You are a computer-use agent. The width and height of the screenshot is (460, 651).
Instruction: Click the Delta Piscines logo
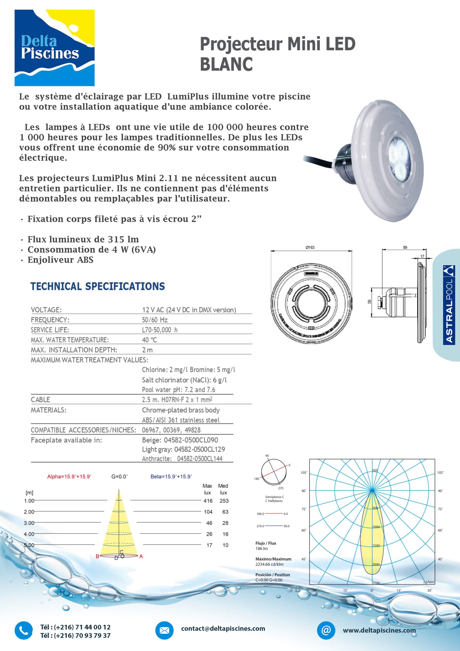pos(54,48)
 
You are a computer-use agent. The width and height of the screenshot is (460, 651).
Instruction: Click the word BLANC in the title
pos(226,64)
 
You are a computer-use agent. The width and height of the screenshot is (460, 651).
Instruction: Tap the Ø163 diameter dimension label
pos(310,247)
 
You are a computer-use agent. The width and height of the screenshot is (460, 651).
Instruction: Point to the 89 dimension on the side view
pos(405,247)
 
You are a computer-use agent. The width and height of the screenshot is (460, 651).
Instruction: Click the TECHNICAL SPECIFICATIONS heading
pos(98,286)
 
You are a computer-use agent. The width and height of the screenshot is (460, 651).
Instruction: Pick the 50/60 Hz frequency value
pos(155,320)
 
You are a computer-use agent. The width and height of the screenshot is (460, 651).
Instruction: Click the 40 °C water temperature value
pos(149,340)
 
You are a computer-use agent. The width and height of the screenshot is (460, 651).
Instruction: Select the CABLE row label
pos(40,400)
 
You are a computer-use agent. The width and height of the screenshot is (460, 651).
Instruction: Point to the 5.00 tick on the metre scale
pos(29,545)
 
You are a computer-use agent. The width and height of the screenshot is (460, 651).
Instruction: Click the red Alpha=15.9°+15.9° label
pos(69,477)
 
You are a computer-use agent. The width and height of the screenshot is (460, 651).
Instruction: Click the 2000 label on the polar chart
pos(376,565)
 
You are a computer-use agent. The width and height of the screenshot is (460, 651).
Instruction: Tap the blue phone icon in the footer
pos(24,631)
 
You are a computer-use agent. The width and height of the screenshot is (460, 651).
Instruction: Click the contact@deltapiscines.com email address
pos(223,629)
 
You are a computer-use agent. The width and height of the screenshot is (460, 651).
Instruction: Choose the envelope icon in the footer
pos(164,631)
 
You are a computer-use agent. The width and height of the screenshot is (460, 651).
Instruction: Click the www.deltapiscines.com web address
pos(379,631)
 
